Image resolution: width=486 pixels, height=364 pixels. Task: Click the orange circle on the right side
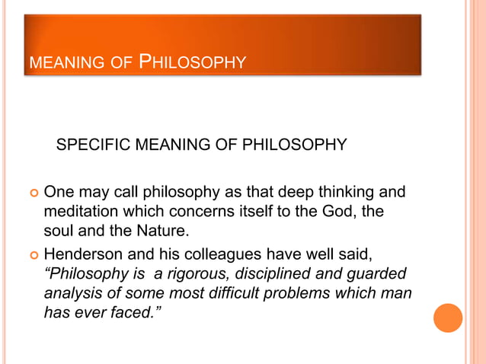click(448, 318)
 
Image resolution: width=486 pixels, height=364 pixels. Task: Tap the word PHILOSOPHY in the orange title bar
click(193, 59)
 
